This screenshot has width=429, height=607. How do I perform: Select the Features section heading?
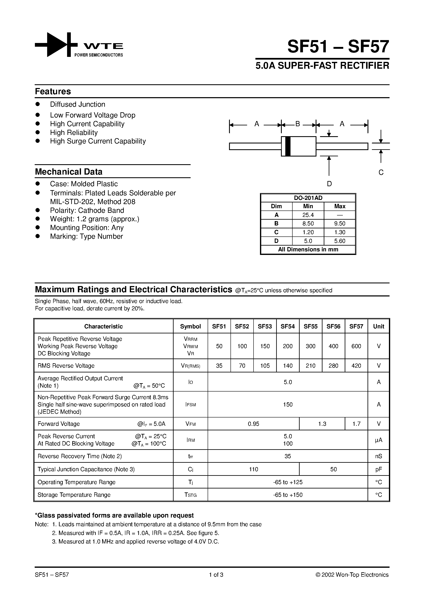[53, 92]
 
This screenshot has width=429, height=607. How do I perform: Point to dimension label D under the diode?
[329, 184]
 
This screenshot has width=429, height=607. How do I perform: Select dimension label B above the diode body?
[298, 124]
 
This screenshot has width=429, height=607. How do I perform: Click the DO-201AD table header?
[308, 198]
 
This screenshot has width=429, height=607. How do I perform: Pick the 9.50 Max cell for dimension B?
[340, 224]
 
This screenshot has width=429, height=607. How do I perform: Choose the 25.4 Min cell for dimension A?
[308, 215]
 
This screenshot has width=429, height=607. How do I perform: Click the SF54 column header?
[288, 327]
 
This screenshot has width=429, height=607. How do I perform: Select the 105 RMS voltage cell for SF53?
[265, 366]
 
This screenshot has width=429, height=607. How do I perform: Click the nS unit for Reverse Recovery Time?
[379, 456]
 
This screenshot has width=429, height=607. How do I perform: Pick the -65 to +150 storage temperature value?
[288, 495]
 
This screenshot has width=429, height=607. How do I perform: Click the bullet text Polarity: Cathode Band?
[87, 210]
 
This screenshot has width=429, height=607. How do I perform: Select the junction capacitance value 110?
[253, 469]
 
